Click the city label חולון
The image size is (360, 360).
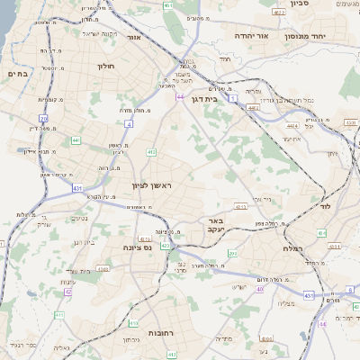point(107,66)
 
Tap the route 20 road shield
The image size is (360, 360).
point(42,118)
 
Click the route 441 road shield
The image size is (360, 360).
point(76,140)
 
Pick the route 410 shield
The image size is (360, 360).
point(133,322)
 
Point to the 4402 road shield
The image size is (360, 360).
point(254,108)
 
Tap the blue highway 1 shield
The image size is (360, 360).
point(231,98)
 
